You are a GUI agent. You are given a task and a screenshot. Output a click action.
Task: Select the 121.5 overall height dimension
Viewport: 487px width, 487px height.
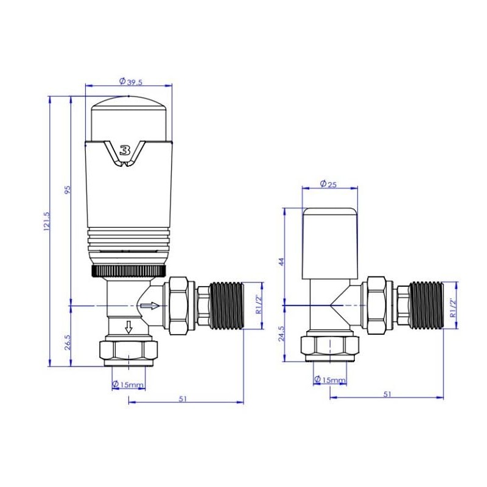(x=47, y=222)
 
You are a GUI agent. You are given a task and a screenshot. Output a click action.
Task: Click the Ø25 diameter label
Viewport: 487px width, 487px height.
(x=328, y=184)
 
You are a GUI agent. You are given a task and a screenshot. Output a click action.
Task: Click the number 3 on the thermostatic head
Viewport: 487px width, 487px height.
(x=125, y=150)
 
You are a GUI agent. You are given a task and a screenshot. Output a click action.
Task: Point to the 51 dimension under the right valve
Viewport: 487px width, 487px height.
(x=388, y=394)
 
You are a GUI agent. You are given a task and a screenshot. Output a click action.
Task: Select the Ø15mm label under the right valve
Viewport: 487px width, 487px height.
(x=329, y=380)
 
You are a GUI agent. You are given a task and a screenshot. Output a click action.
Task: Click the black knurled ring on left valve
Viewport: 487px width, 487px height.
(x=128, y=270)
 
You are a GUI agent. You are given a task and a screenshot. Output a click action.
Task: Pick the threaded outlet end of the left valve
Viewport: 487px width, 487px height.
(x=226, y=305)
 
